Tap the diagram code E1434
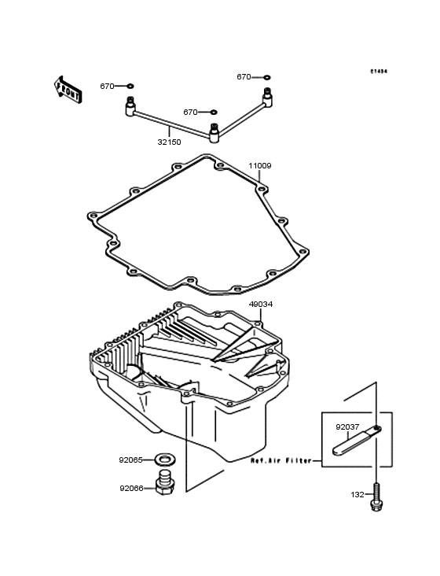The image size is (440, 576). (x=380, y=72)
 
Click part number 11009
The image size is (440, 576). (x=260, y=166)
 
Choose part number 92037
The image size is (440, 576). (x=347, y=428)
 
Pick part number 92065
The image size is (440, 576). (x=131, y=459)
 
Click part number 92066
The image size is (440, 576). (x=131, y=488)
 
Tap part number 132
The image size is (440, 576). (x=357, y=495)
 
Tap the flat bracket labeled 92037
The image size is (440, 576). (x=358, y=441)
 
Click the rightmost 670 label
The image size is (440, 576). (x=244, y=77)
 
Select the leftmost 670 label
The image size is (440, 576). (x=107, y=86)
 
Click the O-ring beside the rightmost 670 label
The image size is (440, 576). (x=267, y=77)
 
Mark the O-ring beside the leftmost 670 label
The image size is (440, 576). (x=130, y=86)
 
